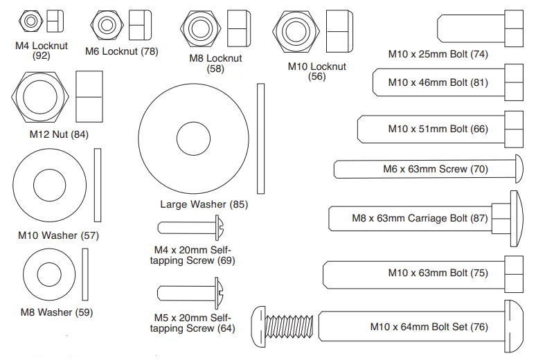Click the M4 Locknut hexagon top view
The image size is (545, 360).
pyautogui.click(x=30, y=22)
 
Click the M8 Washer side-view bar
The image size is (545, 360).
pyautogui.click(x=86, y=273)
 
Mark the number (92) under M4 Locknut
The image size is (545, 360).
pyautogui.click(x=42, y=55)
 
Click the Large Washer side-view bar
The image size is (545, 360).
pyautogui.click(x=261, y=138)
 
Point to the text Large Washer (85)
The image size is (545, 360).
pyautogui.click(x=204, y=204)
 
